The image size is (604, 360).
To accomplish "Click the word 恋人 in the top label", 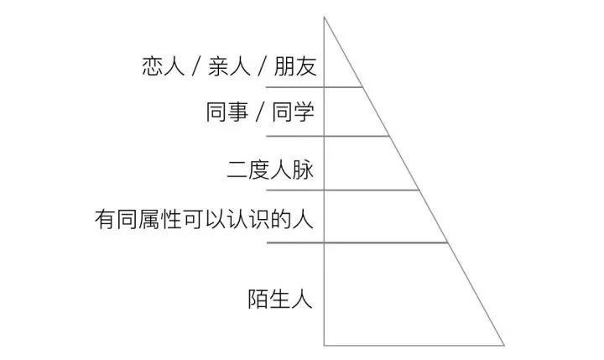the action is click(163, 66).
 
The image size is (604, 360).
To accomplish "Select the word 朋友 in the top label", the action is click(296, 66).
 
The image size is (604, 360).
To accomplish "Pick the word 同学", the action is click(294, 112).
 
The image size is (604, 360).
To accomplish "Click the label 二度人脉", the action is click(270, 170).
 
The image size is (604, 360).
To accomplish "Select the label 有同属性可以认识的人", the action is click(204, 221).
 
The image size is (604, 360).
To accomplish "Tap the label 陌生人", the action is click(280, 298).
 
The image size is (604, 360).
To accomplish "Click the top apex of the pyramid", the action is click(325, 18).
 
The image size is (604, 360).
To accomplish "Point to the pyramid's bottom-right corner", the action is click(504, 345).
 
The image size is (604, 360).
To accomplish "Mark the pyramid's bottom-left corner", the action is click(325, 345).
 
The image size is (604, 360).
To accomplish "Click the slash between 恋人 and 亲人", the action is click(196, 67).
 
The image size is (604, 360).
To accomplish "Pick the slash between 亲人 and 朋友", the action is click(263, 67).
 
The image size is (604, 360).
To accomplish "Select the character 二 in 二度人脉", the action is click(237, 170).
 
